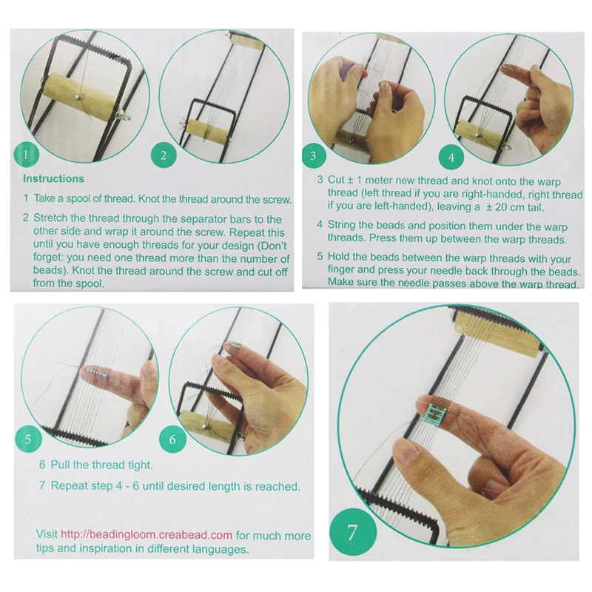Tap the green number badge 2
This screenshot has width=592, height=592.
tap(164, 155)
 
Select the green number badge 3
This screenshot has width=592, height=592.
tap(314, 156)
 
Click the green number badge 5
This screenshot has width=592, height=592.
tap(28, 439)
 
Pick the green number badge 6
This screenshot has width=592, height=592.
tap(172, 439)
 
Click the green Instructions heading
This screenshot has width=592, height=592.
tap(53, 179)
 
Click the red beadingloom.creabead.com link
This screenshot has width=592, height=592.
tap(147, 534)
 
